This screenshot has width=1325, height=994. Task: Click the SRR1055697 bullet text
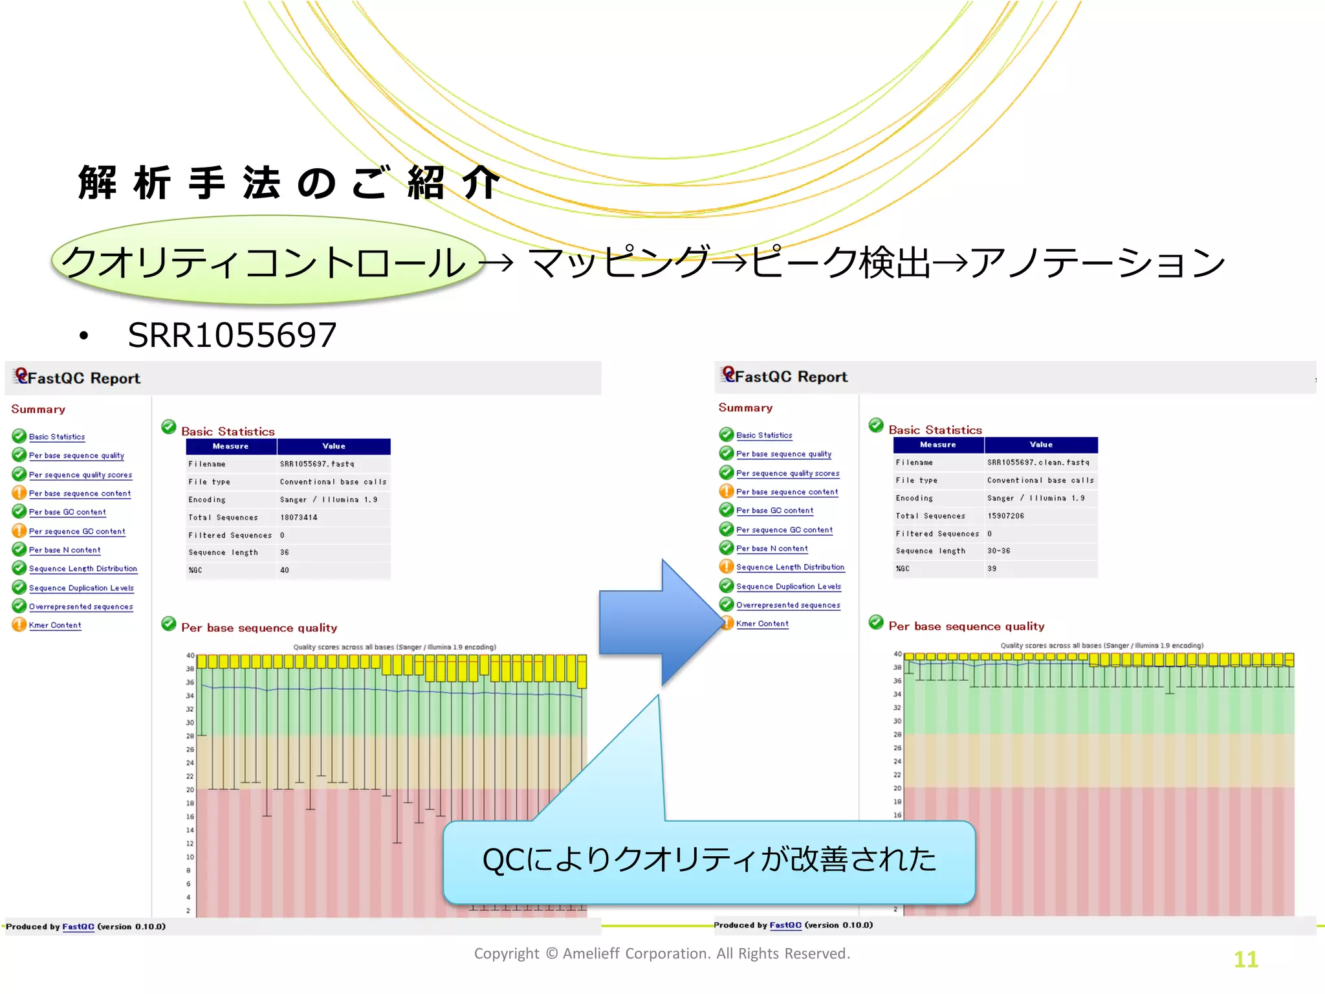tap(232, 335)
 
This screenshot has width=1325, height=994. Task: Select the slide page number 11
tap(1245, 959)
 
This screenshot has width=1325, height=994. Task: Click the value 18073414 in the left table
tap(299, 518)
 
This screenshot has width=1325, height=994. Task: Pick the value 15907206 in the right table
tap(1006, 516)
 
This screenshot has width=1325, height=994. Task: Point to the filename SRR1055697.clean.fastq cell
tap(1038, 463)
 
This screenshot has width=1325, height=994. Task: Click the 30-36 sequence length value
tap(998, 551)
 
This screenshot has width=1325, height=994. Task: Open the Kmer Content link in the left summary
tap(55, 626)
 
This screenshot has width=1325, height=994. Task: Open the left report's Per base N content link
tap(65, 550)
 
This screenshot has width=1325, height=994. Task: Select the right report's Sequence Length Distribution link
tap(790, 568)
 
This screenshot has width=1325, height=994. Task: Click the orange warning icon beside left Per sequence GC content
tap(19, 531)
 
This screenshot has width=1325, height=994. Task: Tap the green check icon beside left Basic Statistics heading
tap(169, 427)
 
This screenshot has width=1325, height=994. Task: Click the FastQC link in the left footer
tap(78, 927)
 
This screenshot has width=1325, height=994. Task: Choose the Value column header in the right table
tap(1041, 445)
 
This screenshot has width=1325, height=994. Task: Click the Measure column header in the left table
tap(231, 447)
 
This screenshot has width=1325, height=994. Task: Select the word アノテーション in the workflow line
tap(1097, 263)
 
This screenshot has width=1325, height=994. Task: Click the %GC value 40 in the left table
tap(285, 571)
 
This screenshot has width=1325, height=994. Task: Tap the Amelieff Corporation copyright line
tap(662, 954)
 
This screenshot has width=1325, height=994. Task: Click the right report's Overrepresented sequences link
tap(788, 606)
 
